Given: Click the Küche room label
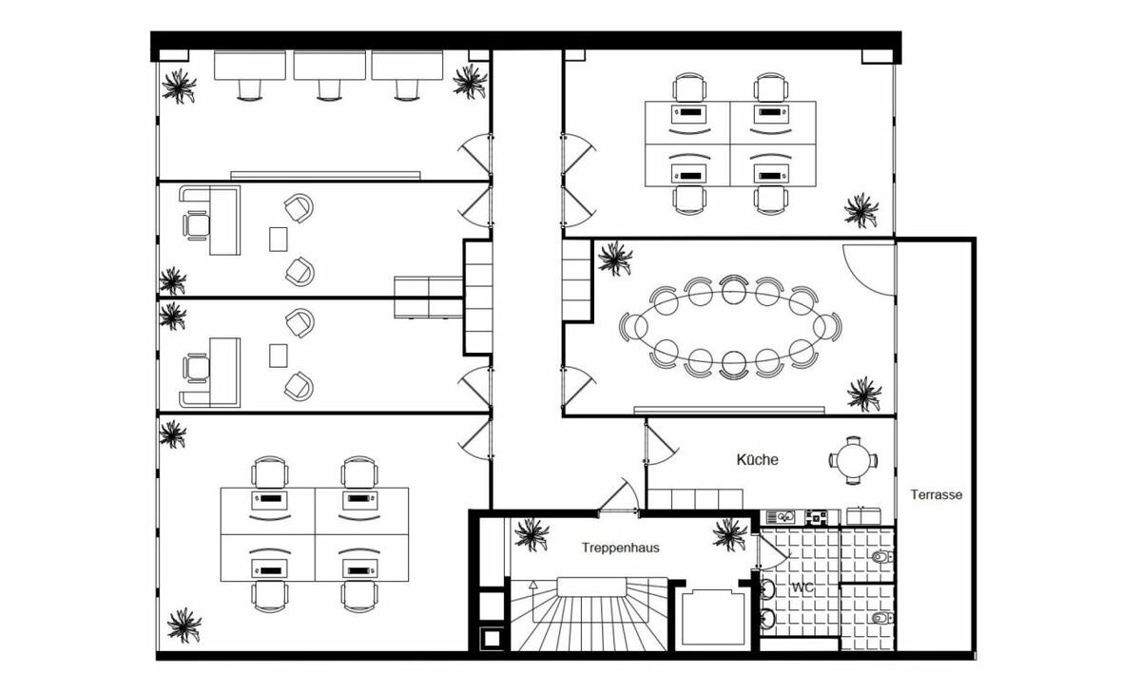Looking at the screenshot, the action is coord(757,460).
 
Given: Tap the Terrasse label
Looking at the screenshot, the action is coord(937,494).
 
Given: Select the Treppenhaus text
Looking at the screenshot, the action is coord(620,548).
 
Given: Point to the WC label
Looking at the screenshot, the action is coord(803,587).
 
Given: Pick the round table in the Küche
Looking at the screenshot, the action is coord(853,461).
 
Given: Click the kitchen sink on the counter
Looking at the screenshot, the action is coord(781,517).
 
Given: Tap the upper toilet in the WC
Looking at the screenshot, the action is coord(882,556).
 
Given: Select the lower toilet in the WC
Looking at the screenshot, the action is coord(882,618).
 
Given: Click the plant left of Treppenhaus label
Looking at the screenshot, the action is coord(532,534).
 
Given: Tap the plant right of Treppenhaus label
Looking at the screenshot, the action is coord(730,534).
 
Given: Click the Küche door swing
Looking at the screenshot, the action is coord(661,445).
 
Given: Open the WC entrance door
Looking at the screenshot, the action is coord(773,552).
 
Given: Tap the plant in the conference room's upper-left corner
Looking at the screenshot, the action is coord(615,259).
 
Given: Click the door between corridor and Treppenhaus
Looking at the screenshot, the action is coord(619,496).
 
